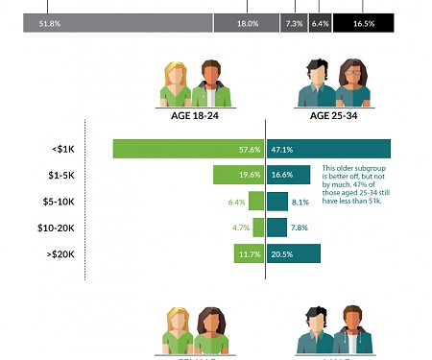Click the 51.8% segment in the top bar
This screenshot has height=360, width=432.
click(x=118, y=23)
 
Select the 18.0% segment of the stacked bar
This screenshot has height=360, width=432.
click(x=247, y=23)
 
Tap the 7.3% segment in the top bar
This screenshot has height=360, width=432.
click(x=294, y=23)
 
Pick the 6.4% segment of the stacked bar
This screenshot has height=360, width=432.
click(x=321, y=23)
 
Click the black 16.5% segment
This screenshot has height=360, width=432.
click(x=363, y=23)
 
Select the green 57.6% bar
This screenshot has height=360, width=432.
click(x=188, y=149)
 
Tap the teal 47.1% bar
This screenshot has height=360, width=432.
click(x=328, y=149)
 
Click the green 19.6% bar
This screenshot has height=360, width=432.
click(x=238, y=175)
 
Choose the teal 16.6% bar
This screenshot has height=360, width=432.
click(x=288, y=175)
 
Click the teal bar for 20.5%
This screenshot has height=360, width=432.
click(x=294, y=253)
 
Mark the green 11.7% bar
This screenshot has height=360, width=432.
click(x=249, y=253)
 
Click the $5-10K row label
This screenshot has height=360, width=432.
click(x=63, y=202)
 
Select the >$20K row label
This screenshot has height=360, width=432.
click(x=63, y=253)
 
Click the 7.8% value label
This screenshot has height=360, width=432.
click(x=299, y=228)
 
